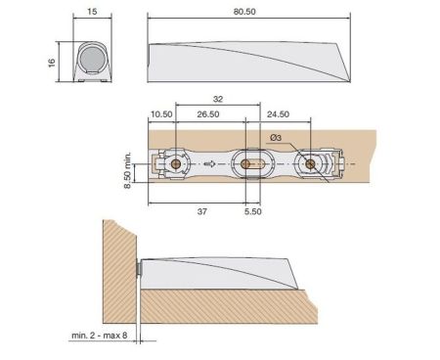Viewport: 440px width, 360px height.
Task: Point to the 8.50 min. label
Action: click(x=130, y=172)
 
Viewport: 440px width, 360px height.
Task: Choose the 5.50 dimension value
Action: click(x=251, y=210)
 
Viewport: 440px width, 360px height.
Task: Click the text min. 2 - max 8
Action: click(x=102, y=336)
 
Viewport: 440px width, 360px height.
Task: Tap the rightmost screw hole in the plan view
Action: click(x=310, y=163)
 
